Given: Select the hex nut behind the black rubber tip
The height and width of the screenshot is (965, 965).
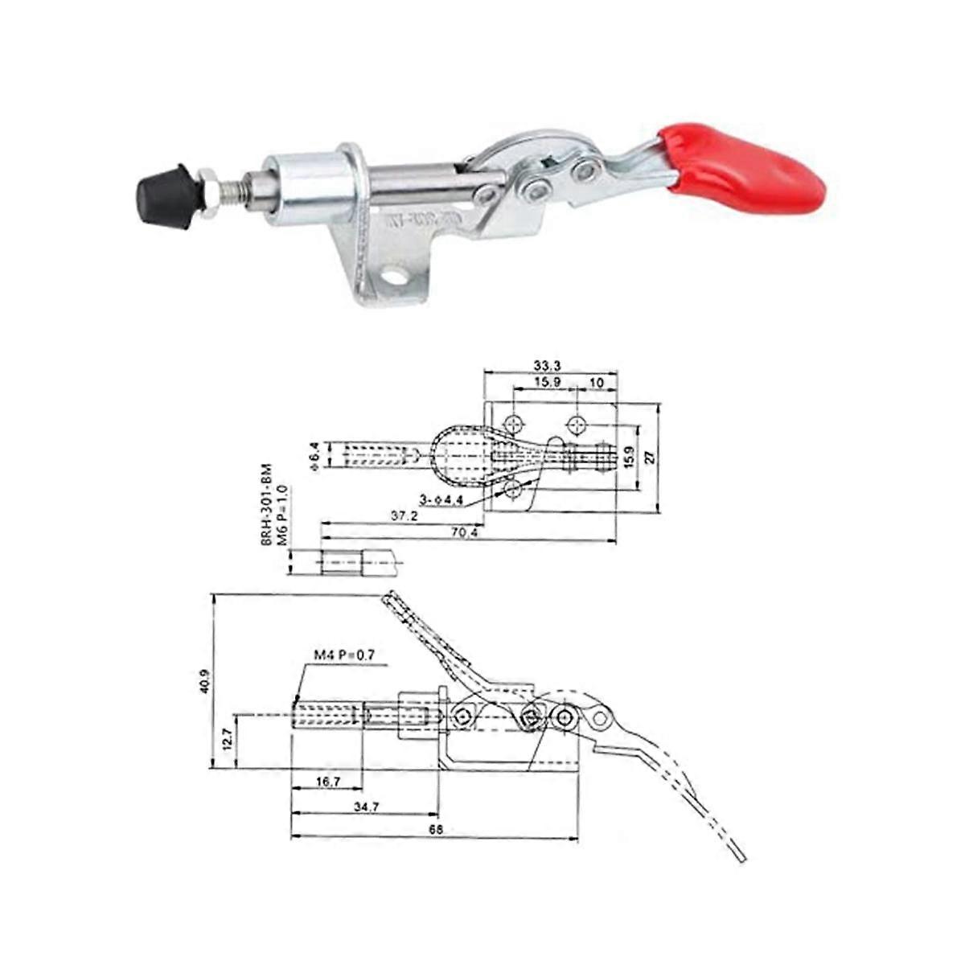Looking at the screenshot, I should point(207,194).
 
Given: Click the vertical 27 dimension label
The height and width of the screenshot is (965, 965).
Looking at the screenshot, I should point(651,456).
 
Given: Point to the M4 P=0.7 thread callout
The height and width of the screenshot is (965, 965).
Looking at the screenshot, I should point(344,656).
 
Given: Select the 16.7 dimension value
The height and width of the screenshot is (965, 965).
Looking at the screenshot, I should point(326,781).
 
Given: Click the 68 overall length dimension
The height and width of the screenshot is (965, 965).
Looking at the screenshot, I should point(437,828).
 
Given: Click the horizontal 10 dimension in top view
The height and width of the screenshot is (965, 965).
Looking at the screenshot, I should point(597,383).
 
